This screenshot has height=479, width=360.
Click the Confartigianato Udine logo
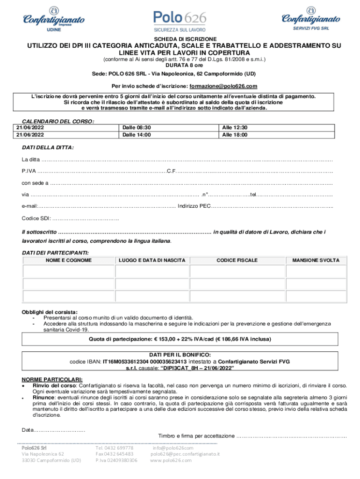click(54, 19)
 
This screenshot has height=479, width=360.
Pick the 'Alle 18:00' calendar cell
click(235, 135)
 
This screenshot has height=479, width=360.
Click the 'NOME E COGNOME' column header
click(68, 260)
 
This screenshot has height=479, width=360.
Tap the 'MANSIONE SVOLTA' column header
click(316, 260)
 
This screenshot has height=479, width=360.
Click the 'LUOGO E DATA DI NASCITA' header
click(152, 260)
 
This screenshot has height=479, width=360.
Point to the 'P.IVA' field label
click(29, 170)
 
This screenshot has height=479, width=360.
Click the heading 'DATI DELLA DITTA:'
click(48, 147)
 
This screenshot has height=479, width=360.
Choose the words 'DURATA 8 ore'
click(180, 66)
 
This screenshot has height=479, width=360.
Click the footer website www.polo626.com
click(171, 460)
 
